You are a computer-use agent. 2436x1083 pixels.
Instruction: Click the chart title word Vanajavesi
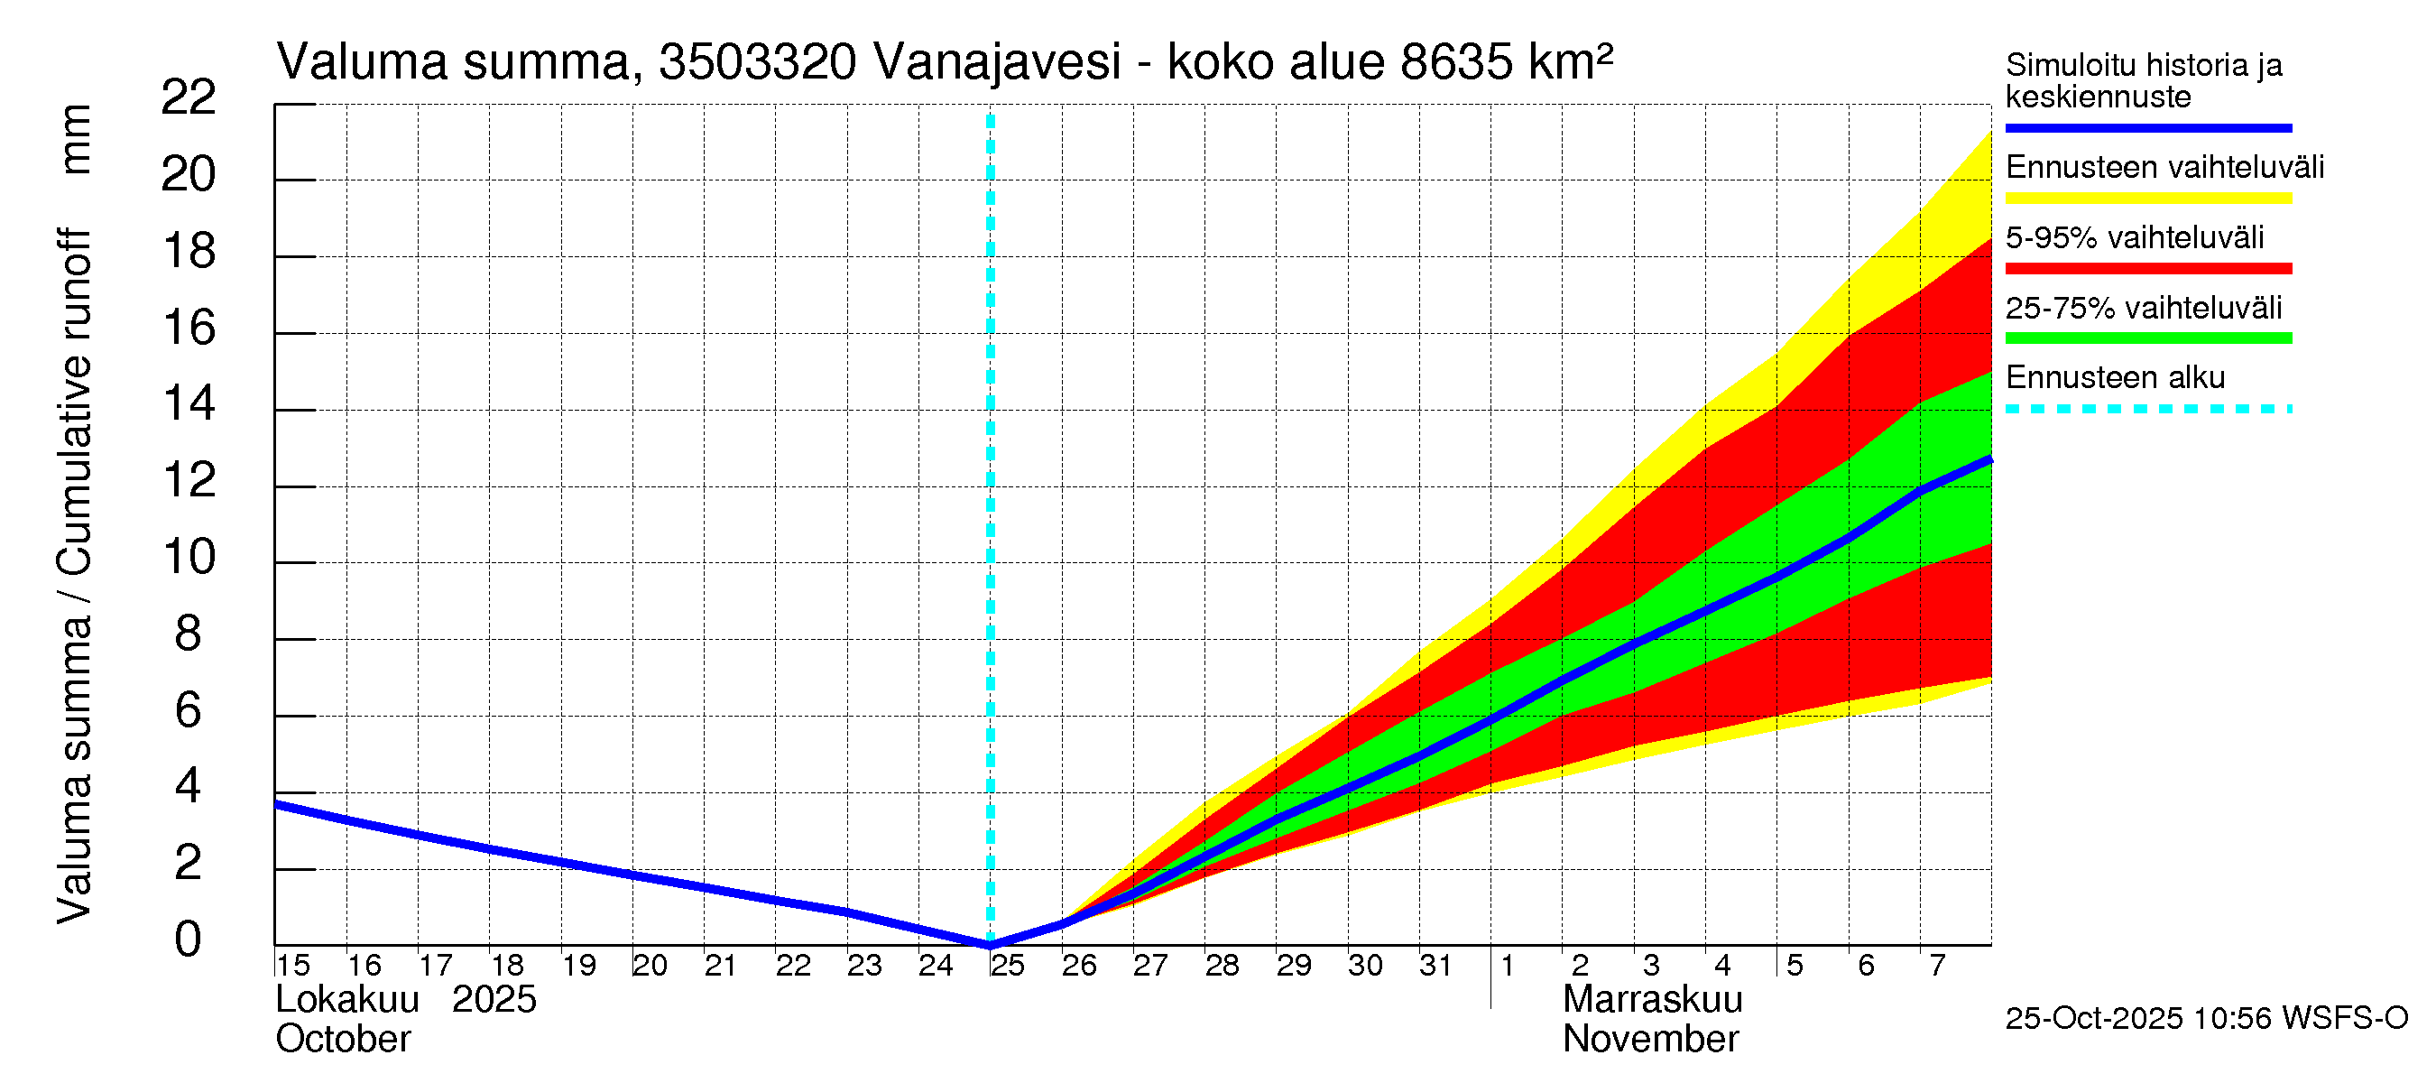(x=997, y=62)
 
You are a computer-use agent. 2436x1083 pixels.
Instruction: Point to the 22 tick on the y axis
(x=189, y=97)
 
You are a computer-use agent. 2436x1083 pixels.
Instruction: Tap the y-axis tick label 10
(x=189, y=557)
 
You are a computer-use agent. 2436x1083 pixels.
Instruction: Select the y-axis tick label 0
(x=189, y=940)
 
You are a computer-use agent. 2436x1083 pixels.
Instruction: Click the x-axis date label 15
(x=293, y=966)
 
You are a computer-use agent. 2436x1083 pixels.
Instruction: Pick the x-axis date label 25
(x=1007, y=966)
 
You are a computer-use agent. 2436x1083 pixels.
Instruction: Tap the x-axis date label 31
(x=1435, y=966)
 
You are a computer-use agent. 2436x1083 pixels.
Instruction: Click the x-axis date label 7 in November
(x=1937, y=966)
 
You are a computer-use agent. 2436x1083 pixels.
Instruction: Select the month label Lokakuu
(x=347, y=1000)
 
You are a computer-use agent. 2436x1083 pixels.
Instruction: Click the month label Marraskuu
(x=1652, y=1000)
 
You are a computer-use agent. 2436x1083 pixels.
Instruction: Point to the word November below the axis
(x=1650, y=1040)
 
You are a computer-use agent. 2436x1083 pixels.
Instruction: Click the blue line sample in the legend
(x=2147, y=127)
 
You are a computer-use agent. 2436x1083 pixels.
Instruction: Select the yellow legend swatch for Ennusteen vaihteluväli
(x=2147, y=199)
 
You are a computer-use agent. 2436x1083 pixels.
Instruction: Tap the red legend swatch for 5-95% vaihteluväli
(x=2147, y=269)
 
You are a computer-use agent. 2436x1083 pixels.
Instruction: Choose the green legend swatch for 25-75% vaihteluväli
(x=2147, y=338)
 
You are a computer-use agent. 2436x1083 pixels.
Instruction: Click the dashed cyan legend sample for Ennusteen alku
(x=2147, y=410)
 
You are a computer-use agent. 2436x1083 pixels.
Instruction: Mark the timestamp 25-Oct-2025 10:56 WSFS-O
(x=2206, y=1019)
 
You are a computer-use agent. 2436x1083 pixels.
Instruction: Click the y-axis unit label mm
(x=75, y=139)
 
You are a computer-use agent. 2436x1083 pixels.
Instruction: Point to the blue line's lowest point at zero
(x=990, y=944)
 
